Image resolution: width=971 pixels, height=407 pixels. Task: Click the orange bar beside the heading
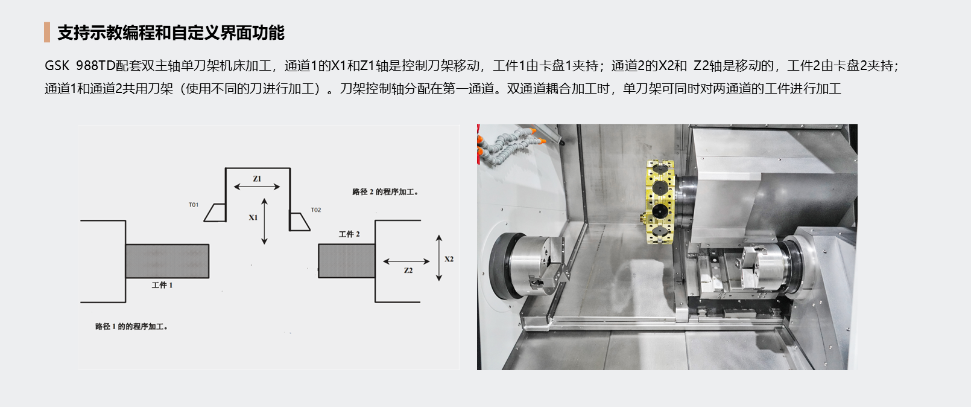(x=47, y=32)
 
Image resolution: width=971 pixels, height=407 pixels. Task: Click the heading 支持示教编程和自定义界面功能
(x=171, y=33)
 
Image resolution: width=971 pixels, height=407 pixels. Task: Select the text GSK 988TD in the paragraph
(x=80, y=66)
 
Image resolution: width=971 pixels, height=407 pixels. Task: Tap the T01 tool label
(x=194, y=205)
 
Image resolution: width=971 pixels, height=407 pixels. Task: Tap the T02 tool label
(x=316, y=210)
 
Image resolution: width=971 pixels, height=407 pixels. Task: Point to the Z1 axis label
(x=257, y=179)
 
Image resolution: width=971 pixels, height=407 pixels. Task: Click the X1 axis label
(x=253, y=217)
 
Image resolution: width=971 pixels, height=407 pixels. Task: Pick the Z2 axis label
(x=408, y=271)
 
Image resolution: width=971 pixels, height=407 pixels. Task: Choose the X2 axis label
(x=449, y=259)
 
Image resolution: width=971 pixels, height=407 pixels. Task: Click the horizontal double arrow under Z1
(x=257, y=187)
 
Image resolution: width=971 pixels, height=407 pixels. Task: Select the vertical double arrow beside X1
(x=264, y=222)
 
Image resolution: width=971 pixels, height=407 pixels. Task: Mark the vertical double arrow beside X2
(x=438, y=258)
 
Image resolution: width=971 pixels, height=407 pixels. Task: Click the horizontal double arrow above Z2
(x=406, y=261)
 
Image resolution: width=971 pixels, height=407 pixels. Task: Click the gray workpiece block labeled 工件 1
(x=167, y=261)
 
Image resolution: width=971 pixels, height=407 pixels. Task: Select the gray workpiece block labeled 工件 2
(x=347, y=261)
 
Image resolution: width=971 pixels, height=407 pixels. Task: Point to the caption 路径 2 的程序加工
(x=385, y=192)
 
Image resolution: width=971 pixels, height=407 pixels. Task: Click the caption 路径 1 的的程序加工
(x=131, y=326)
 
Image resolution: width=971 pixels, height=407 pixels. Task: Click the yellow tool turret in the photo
(x=659, y=202)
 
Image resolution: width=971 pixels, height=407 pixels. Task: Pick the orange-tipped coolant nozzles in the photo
(x=510, y=144)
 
